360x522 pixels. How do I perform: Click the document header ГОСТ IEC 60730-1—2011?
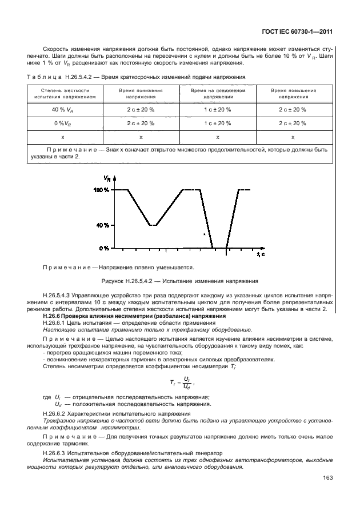coord(297,32)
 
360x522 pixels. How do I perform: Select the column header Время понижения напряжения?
coord(141,94)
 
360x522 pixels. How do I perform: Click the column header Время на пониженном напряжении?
coord(217,94)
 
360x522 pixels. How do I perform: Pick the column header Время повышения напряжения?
coord(293,94)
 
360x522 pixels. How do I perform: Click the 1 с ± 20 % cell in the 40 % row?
coord(217,109)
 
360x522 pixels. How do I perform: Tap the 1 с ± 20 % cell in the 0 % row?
coord(217,123)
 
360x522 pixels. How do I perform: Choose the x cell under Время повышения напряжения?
coord(293,137)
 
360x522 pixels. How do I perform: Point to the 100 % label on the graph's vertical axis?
coord(101,190)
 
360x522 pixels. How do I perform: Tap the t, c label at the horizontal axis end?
coord(261,254)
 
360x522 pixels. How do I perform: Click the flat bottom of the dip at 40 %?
coord(153,225)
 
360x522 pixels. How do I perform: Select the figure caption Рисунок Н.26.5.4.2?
coord(180,281)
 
